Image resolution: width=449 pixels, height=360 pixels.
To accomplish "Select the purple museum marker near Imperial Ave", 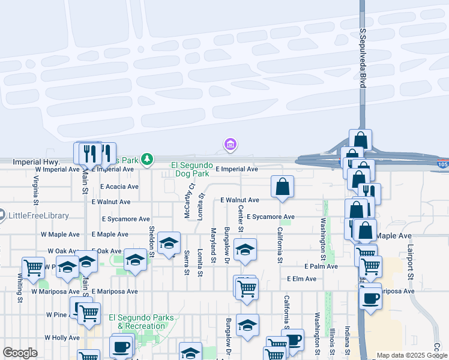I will tap(230, 145).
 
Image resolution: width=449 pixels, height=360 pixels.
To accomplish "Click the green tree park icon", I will tap(146, 160).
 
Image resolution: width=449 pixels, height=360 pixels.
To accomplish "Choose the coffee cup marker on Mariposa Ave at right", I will tap(371, 298).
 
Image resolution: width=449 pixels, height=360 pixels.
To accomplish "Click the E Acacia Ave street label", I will tap(119, 187).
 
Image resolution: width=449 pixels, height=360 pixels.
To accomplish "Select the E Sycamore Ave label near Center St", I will tap(270, 217).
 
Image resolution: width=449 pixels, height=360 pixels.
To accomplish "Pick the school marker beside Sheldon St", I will tap(169, 243).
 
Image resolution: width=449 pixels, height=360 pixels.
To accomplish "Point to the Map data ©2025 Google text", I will tap(411, 355).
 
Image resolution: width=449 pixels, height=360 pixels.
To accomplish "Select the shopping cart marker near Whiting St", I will tap(33, 267).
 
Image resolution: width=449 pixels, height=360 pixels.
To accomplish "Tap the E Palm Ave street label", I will tap(321, 266).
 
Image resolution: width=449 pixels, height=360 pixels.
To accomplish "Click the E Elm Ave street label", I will tap(301, 279).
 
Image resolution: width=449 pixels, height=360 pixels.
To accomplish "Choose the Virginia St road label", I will tap(36, 187).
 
